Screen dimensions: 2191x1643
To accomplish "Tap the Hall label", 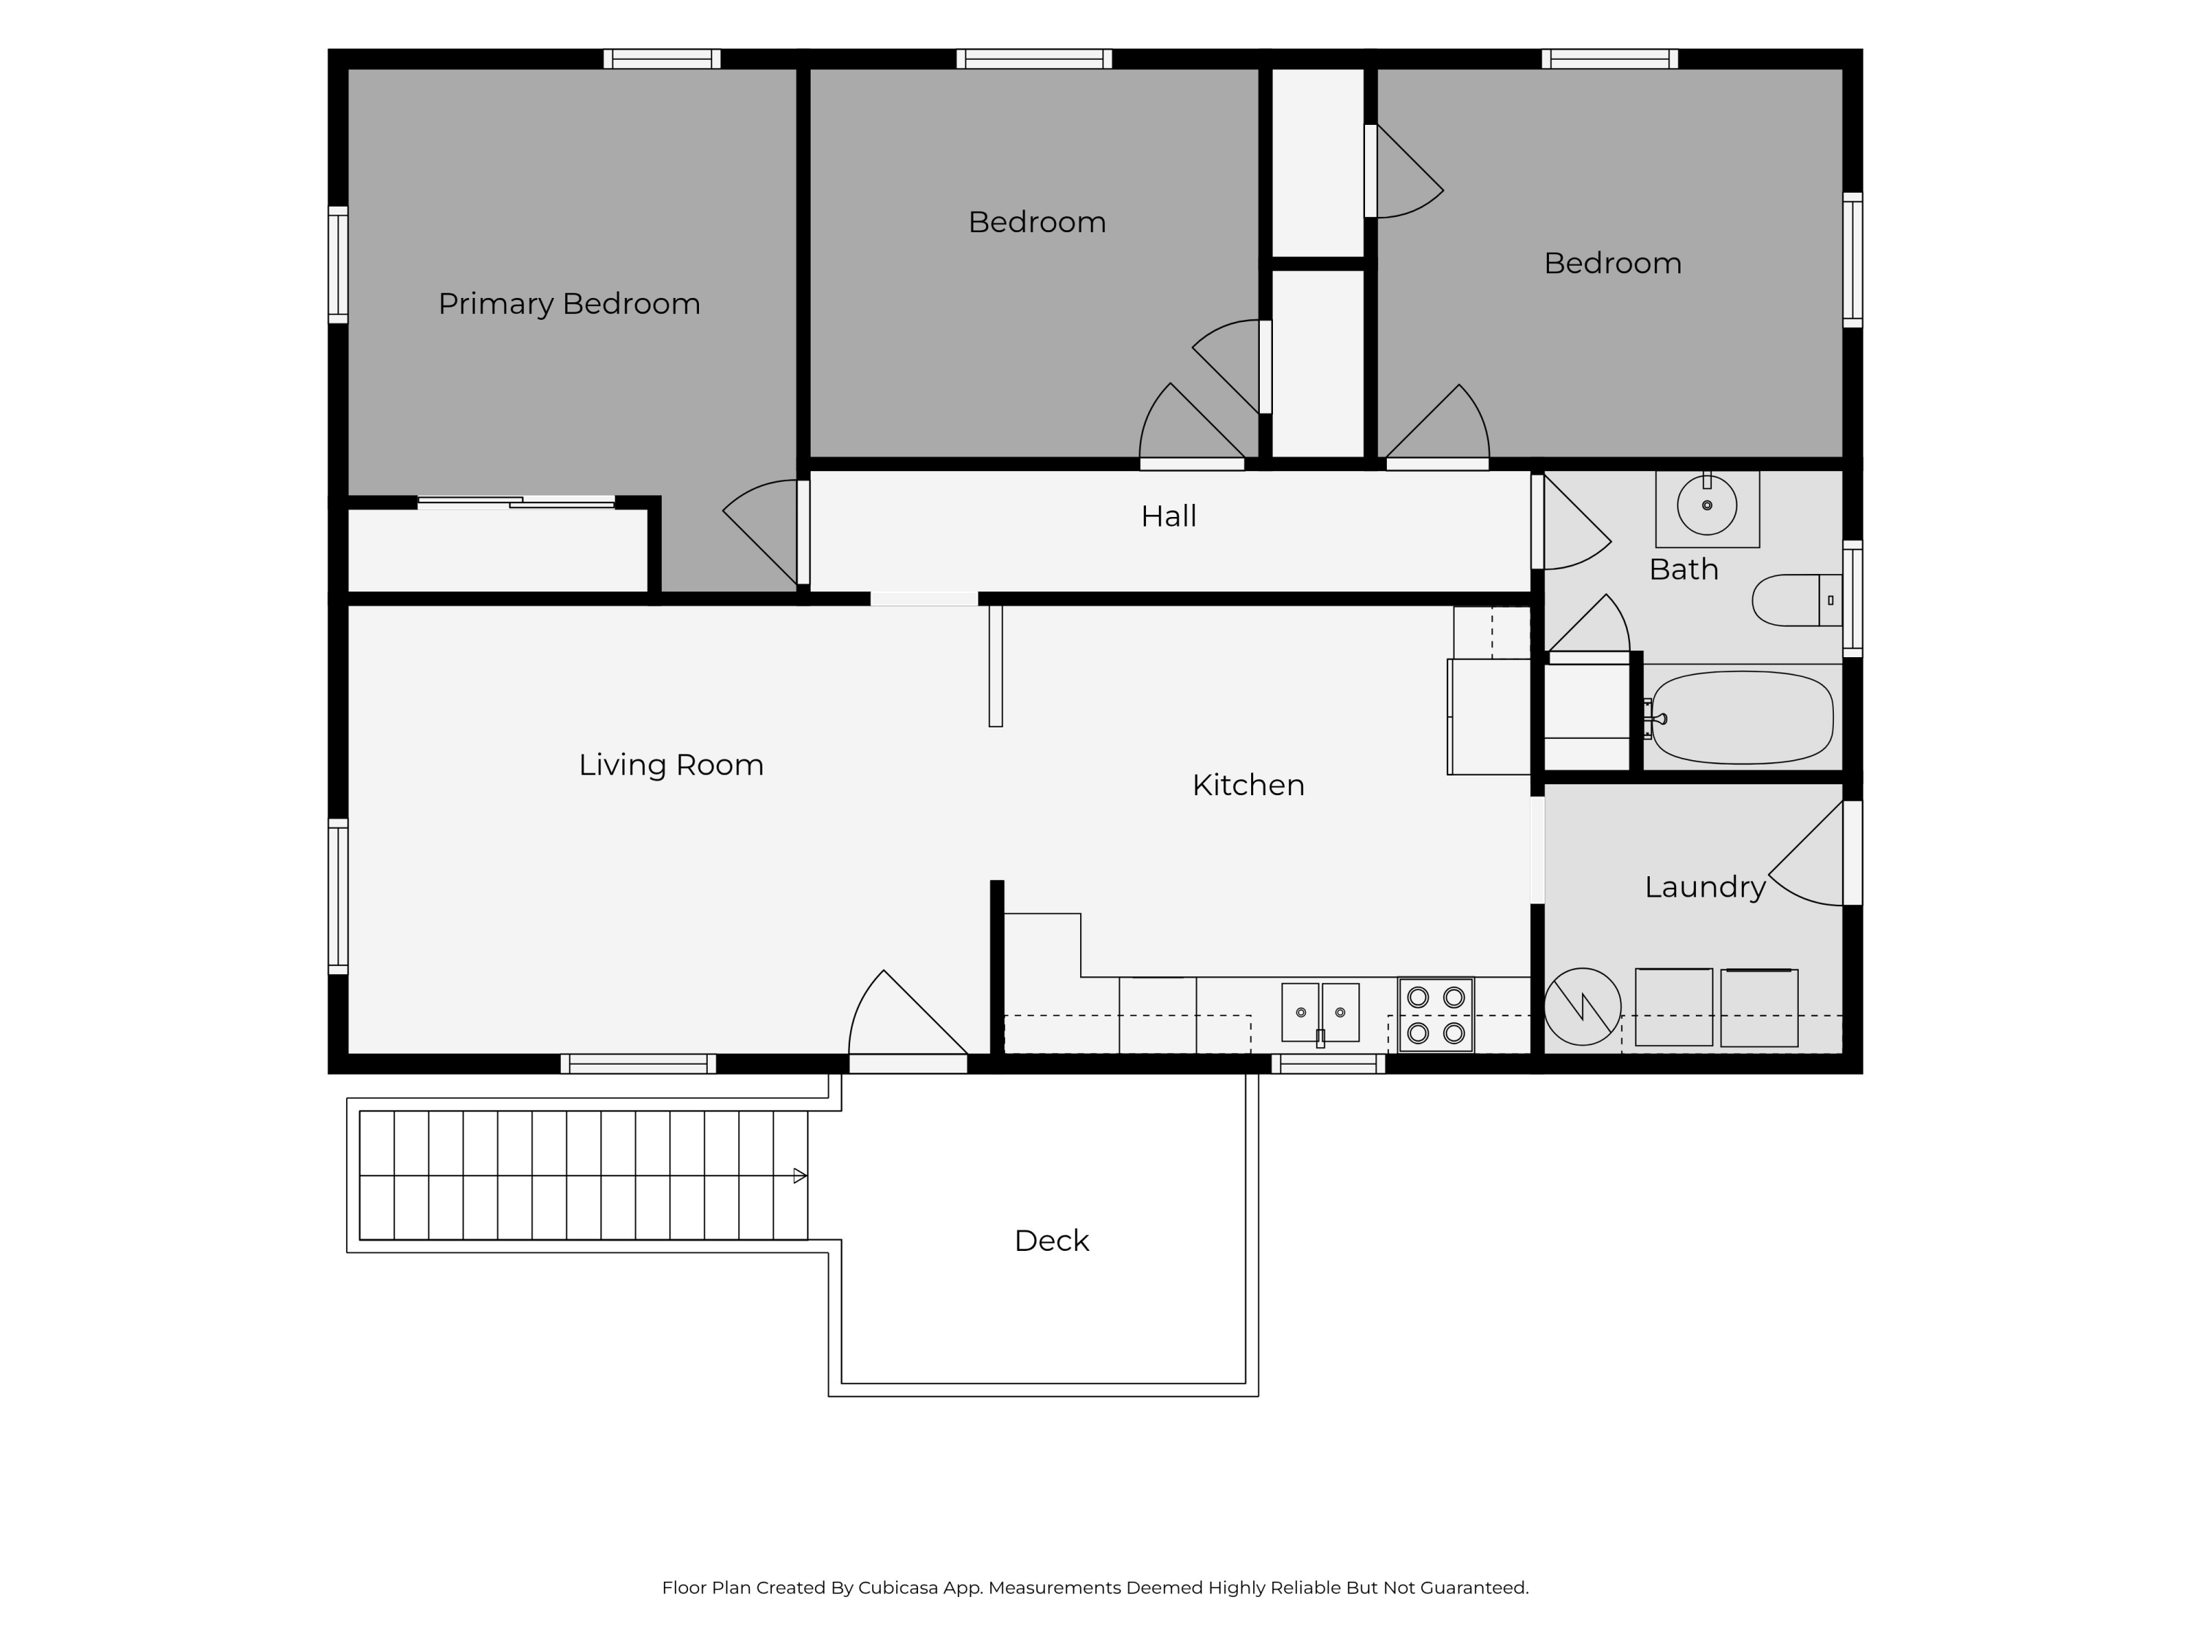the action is point(1169,516).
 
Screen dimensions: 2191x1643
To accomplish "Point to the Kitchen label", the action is point(1248,784).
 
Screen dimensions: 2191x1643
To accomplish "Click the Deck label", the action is point(1051,1240).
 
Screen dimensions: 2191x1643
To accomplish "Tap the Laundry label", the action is point(1705,886).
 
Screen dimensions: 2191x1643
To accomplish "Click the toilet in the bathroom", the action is point(1797,600).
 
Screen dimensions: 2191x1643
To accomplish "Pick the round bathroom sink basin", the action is point(1707,505).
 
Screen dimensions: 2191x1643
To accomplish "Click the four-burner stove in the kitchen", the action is point(1435,1015).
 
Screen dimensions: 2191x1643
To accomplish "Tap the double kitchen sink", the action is point(1320,1012).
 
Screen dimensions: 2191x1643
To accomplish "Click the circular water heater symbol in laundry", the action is point(1582,1006).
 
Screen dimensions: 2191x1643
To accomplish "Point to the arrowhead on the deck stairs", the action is point(800,1176).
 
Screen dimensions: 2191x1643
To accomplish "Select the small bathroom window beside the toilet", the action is point(1852,598).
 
